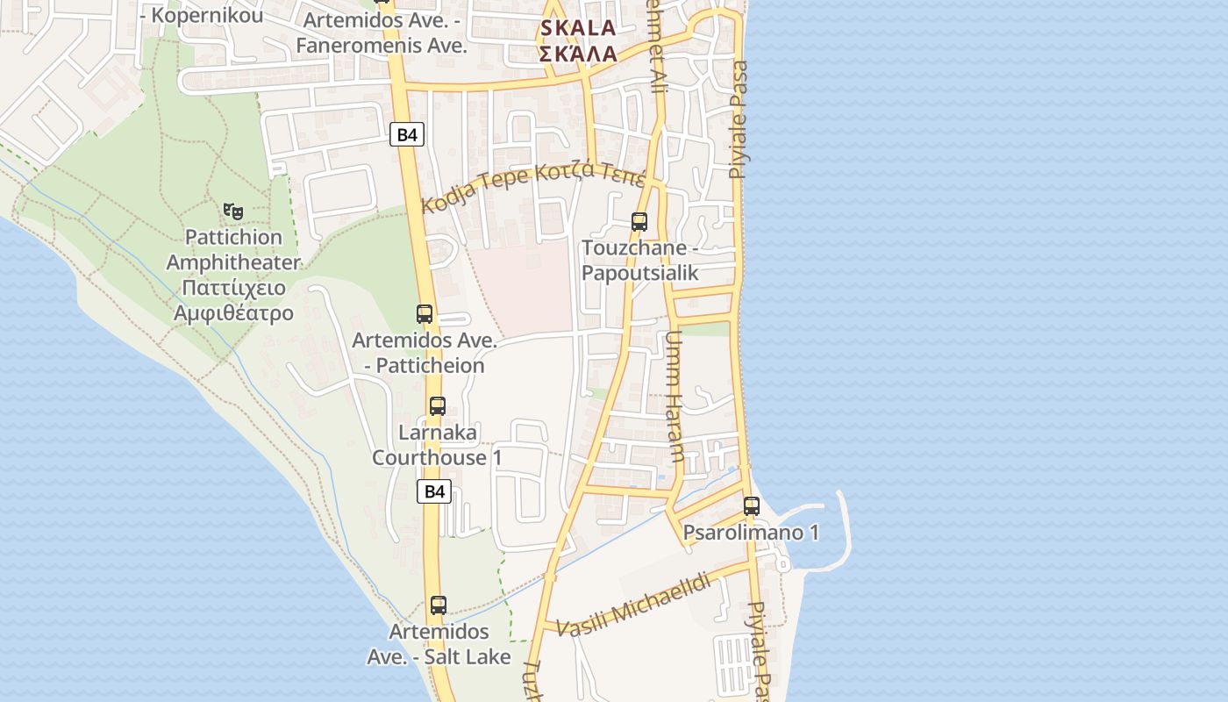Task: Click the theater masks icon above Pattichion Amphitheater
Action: point(232,211)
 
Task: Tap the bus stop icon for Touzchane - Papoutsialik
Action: point(639,221)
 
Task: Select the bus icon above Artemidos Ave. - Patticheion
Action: point(425,313)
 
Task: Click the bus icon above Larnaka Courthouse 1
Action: point(438,406)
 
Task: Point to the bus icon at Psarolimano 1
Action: point(752,506)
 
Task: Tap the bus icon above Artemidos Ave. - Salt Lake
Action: point(439,605)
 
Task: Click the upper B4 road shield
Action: point(407,134)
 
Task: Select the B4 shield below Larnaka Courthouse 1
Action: point(434,491)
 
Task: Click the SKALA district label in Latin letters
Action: point(578,28)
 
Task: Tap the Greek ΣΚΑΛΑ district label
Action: point(578,54)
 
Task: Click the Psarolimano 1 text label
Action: point(751,533)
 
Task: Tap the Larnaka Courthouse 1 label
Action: point(437,445)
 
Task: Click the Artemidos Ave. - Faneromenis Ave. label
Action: point(381,32)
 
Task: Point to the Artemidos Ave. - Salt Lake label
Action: point(439,644)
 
